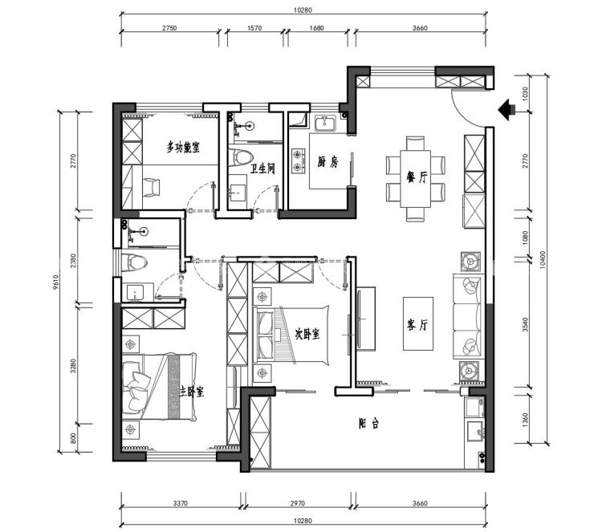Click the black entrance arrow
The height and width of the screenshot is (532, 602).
click(506, 109)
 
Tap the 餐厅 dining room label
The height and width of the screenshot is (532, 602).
click(417, 177)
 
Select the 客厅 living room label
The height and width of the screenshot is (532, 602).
click(417, 326)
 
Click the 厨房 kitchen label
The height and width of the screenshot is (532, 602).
click(327, 163)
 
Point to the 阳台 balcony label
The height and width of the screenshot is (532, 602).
click(369, 424)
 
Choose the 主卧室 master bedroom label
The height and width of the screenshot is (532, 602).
click(192, 392)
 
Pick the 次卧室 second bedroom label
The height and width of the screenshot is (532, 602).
click(307, 334)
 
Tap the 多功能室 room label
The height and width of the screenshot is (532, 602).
click(183, 147)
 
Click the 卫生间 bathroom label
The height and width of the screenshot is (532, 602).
click(263, 169)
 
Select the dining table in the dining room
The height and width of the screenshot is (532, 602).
click(416, 179)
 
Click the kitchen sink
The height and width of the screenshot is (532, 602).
click(325, 124)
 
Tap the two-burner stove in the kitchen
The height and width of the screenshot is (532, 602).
click(299, 160)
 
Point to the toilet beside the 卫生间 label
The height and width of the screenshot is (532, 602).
click(241, 157)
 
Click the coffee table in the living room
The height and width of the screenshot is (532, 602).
click(418, 323)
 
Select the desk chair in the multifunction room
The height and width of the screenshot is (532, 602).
click(151, 188)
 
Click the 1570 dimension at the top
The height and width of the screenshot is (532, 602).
click(254, 28)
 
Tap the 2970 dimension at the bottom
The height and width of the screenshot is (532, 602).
click(298, 503)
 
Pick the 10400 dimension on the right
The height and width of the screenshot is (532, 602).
click(542, 260)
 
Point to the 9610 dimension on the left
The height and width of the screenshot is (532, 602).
click(55, 282)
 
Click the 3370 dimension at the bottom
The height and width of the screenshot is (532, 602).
click(180, 503)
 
